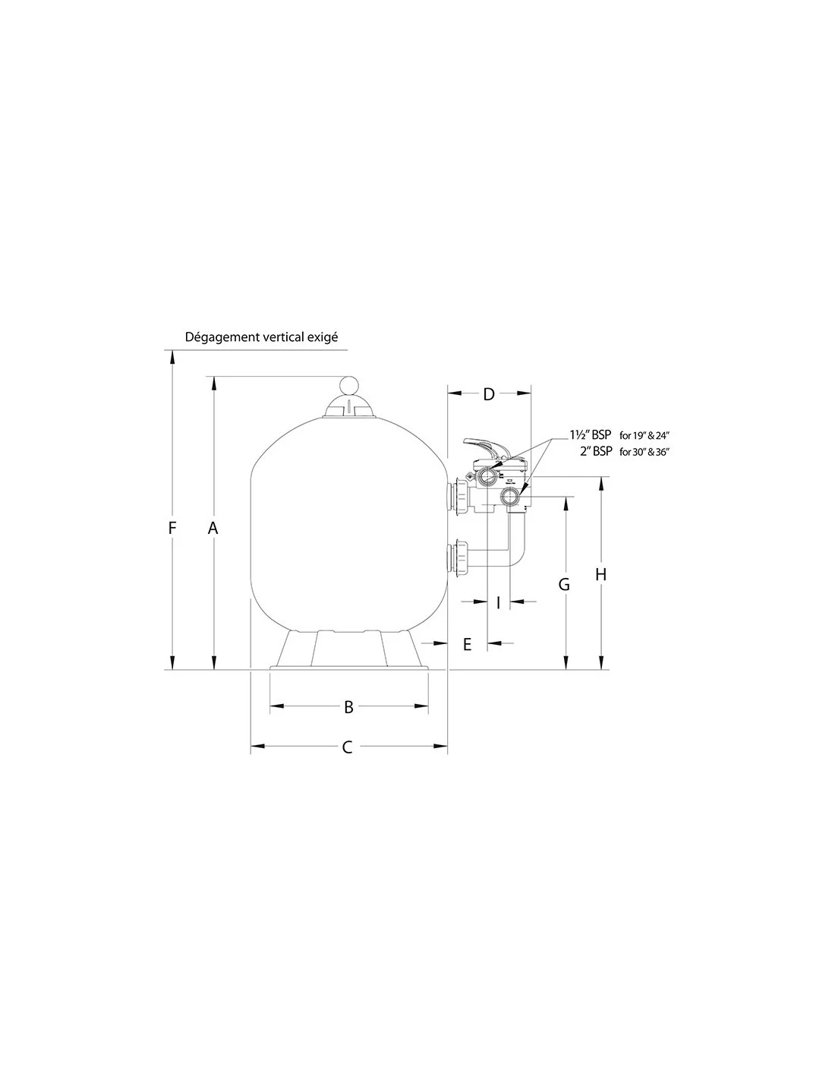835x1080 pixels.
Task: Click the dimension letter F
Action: [x=172, y=527]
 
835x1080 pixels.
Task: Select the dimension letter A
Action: [x=213, y=528]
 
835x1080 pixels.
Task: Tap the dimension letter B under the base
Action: [x=348, y=707]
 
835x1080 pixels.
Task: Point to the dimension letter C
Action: [x=347, y=760]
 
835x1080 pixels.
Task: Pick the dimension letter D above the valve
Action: [x=490, y=394]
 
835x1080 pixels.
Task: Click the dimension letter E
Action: [x=467, y=644]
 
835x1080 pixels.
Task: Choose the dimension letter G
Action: [x=564, y=585]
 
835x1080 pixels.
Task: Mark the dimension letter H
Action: [x=601, y=574]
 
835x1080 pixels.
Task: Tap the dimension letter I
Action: [x=498, y=602]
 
